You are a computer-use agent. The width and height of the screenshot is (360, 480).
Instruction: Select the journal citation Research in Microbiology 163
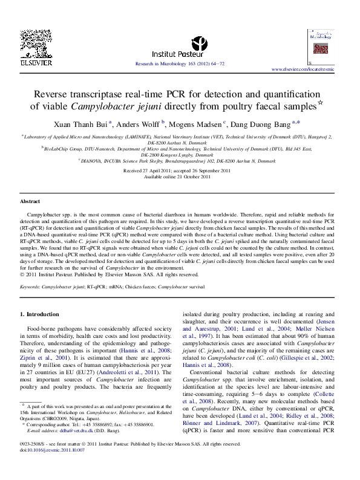tap(180, 63)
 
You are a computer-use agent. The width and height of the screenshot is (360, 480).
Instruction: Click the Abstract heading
tap(30, 201)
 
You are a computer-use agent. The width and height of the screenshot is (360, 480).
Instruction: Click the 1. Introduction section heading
tap(41, 314)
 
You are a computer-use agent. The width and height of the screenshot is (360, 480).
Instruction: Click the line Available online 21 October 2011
tap(180, 177)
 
